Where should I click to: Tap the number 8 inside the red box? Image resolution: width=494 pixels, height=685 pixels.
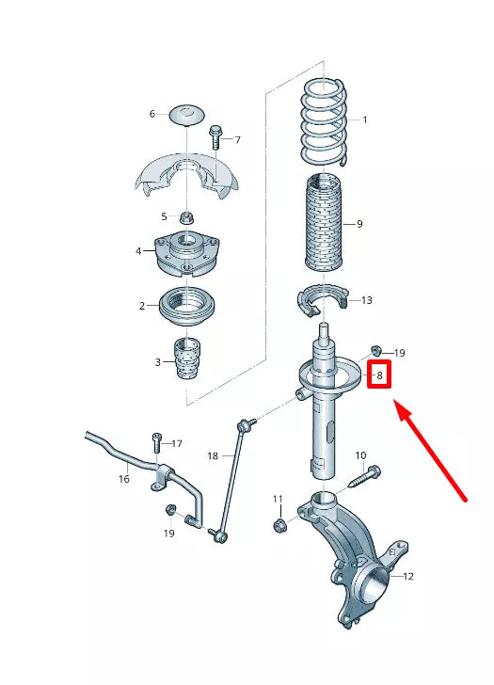pyautogui.click(x=378, y=375)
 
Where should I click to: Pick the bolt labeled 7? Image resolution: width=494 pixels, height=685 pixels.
pyautogui.click(x=215, y=136)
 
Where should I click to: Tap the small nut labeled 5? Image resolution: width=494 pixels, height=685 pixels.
pyautogui.click(x=185, y=217)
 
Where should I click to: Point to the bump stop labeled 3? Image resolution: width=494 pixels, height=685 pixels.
pyautogui.click(x=188, y=359)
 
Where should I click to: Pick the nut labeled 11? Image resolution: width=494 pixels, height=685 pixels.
pyautogui.click(x=280, y=523)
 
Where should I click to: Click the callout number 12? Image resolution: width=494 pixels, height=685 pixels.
pyautogui.click(x=408, y=576)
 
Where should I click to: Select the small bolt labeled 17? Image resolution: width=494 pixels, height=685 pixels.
pyautogui.click(x=156, y=443)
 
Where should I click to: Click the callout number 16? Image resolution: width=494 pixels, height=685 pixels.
pyautogui.click(x=123, y=479)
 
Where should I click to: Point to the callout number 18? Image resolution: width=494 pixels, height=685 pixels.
pyautogui.click(x=213, y=455)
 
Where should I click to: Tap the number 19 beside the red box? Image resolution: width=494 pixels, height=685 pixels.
pyautogui.click(x=399, y=353)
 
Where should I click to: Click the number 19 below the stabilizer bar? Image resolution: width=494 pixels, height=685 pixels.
pyautogui.click(x=168, y=534)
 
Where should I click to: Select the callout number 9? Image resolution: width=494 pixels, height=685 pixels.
pyautogui.click(x=359, y=224)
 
